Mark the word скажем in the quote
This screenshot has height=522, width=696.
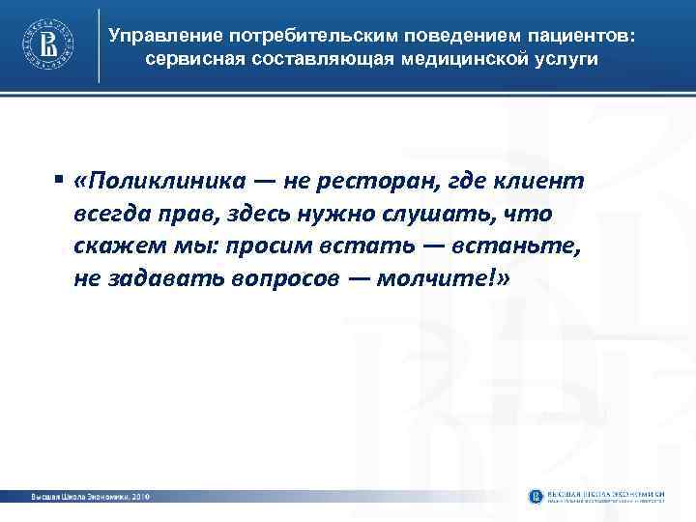coord(109,247)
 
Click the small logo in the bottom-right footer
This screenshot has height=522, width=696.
coord(537,496)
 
